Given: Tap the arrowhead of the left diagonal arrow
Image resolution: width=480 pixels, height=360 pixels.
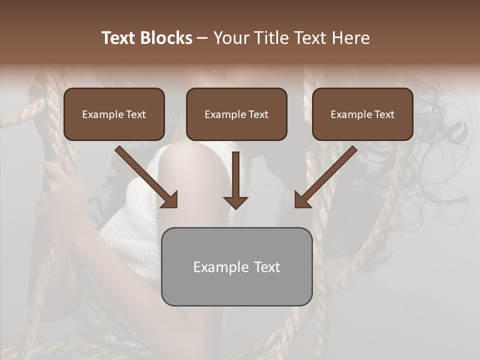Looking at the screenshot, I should click(x=170, y=200).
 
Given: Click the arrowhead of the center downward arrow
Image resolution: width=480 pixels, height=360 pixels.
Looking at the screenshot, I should click(x=235, y=202).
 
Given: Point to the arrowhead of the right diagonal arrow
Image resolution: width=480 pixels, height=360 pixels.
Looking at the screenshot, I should click(x=302, y=200).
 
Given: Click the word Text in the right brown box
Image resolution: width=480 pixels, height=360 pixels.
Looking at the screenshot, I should click(x=384, y=114).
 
